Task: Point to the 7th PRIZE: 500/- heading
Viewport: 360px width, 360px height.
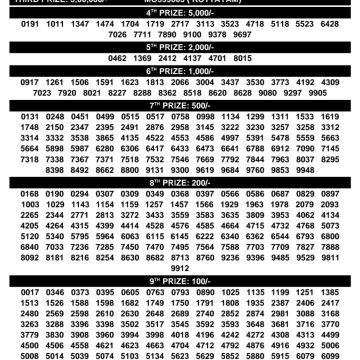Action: point(180,105)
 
